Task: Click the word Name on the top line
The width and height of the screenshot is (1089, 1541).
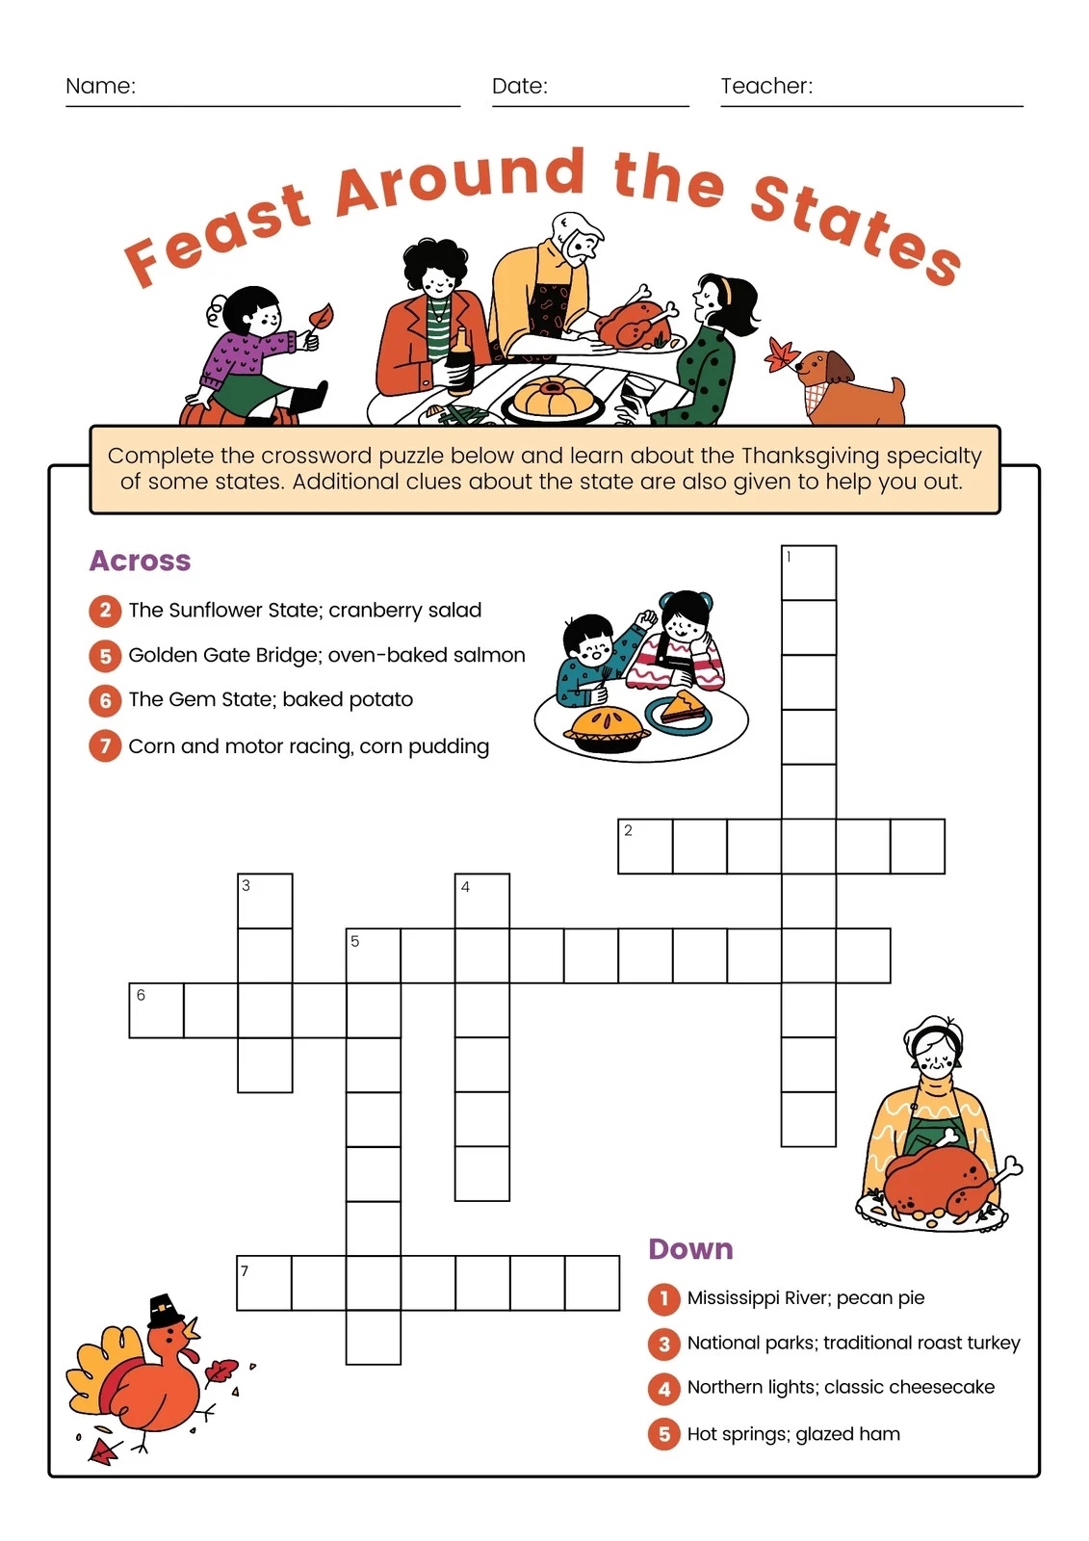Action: point(100,86)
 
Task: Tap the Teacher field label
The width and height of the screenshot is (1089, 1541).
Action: point(766,86)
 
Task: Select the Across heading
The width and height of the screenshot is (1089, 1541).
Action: point(141,561)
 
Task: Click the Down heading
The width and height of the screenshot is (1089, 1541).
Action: point(690,1249)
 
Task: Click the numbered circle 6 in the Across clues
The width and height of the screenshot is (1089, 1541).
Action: point(105,700)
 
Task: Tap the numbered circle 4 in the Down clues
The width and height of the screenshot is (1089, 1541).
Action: point(663,1388)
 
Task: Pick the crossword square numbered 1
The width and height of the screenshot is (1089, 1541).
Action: point(809,573)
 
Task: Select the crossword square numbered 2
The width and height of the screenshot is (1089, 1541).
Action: point(645,847)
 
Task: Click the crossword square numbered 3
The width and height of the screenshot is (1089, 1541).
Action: point(265,901)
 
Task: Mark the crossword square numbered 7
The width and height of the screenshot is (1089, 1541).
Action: point(264,1283)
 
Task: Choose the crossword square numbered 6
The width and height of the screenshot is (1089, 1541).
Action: point(156,1010)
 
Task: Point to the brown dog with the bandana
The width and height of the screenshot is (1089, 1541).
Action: point(847,385)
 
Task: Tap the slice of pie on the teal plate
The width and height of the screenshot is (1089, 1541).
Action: point(687,708)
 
